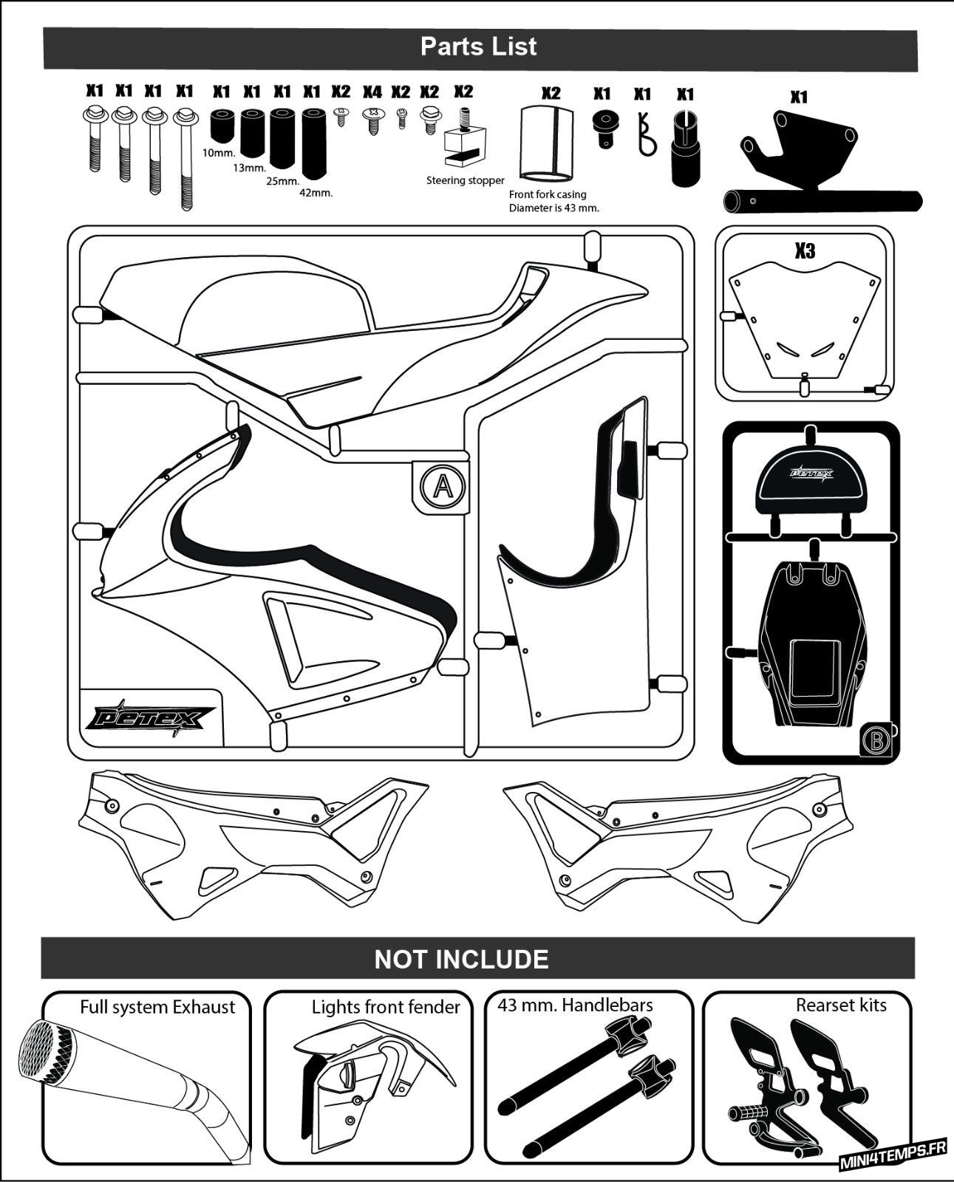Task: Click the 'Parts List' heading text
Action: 479,47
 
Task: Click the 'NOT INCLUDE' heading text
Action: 461,959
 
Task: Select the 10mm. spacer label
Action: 218,153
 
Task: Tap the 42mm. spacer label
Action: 316,193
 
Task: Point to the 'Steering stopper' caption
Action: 466,180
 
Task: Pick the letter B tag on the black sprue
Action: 876,739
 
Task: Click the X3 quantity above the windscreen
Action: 805,251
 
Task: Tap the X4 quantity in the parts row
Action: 372,92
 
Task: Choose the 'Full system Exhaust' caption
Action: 157,1007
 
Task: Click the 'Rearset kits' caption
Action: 841,1005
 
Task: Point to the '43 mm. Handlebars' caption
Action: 575,1005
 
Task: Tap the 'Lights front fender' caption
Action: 386,1007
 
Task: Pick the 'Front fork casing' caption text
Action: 548,194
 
